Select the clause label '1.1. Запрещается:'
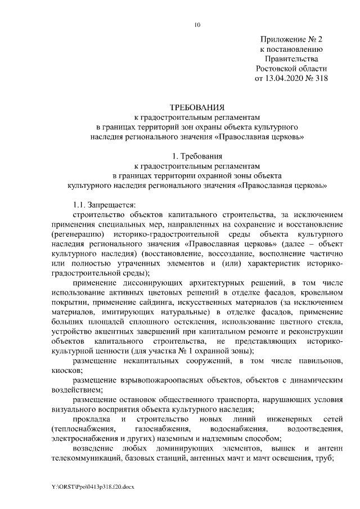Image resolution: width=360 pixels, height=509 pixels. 106,204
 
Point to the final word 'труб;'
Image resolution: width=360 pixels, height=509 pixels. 325,458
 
